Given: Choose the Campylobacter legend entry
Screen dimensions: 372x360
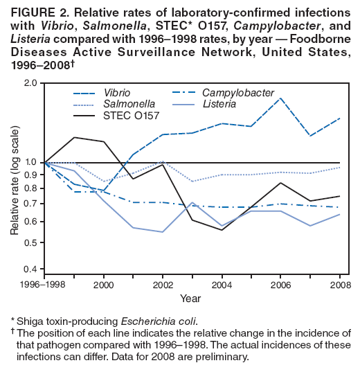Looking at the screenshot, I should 238,93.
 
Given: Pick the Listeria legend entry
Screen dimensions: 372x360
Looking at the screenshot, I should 219,104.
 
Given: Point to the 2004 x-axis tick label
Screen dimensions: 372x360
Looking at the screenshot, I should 222,285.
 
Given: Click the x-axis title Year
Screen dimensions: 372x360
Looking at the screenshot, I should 191,299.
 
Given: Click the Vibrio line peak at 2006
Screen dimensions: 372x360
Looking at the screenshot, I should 280,98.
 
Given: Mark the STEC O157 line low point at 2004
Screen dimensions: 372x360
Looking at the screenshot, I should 222,230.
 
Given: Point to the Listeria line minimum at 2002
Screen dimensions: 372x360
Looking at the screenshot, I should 162,232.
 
